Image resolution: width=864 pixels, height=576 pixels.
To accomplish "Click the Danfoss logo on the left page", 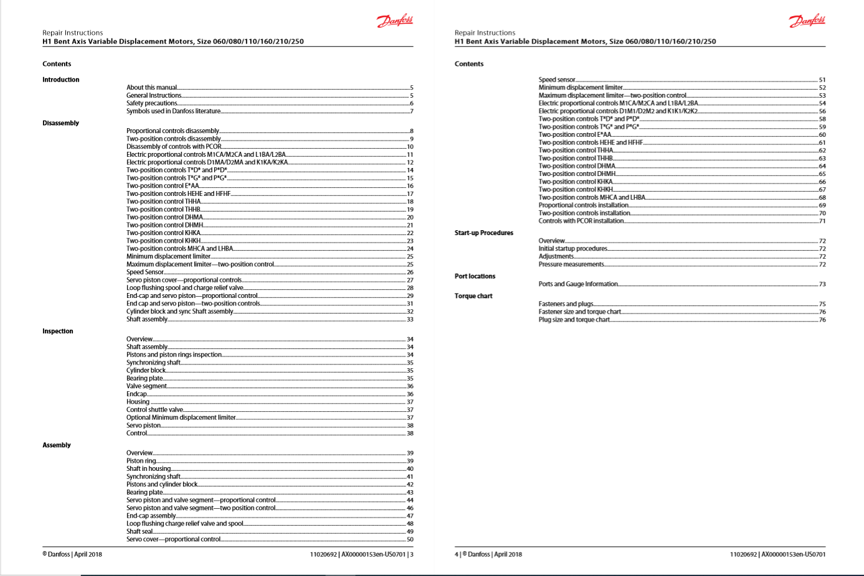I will point(395,21).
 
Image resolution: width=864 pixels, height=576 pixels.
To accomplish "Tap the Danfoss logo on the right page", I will point(807,21).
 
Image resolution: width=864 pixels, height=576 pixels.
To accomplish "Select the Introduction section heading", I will point(61,80).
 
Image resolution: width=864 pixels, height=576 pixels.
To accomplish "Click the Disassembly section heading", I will point(61,123).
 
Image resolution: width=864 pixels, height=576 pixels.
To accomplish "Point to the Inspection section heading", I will point(58,331).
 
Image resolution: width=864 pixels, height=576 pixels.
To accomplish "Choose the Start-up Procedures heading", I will point(484,233).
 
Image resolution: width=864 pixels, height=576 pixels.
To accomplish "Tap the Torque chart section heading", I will point(473,296).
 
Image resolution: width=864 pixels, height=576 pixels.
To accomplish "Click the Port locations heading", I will point(475,276).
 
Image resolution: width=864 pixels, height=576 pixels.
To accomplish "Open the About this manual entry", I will point(152,88).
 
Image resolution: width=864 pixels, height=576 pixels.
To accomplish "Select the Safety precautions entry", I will point(152,103).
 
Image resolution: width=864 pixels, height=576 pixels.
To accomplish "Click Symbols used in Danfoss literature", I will point(173,111).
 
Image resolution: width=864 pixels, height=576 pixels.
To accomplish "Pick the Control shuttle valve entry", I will point(154,410).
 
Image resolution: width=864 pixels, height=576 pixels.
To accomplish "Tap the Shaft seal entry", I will point(139,532).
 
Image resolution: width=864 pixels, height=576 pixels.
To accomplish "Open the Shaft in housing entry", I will point(148,469).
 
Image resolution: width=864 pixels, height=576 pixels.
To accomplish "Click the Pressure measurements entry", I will point(571,264).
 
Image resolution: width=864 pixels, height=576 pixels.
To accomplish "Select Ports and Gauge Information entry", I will point(578,284).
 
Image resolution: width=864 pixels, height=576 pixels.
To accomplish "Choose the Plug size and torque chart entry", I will point(574,320).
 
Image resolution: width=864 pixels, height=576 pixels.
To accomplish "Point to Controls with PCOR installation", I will point(581,221).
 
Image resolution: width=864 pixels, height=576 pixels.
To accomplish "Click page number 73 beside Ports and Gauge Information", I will point(822,284).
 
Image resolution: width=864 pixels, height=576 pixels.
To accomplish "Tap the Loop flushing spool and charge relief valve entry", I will point(185,288).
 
